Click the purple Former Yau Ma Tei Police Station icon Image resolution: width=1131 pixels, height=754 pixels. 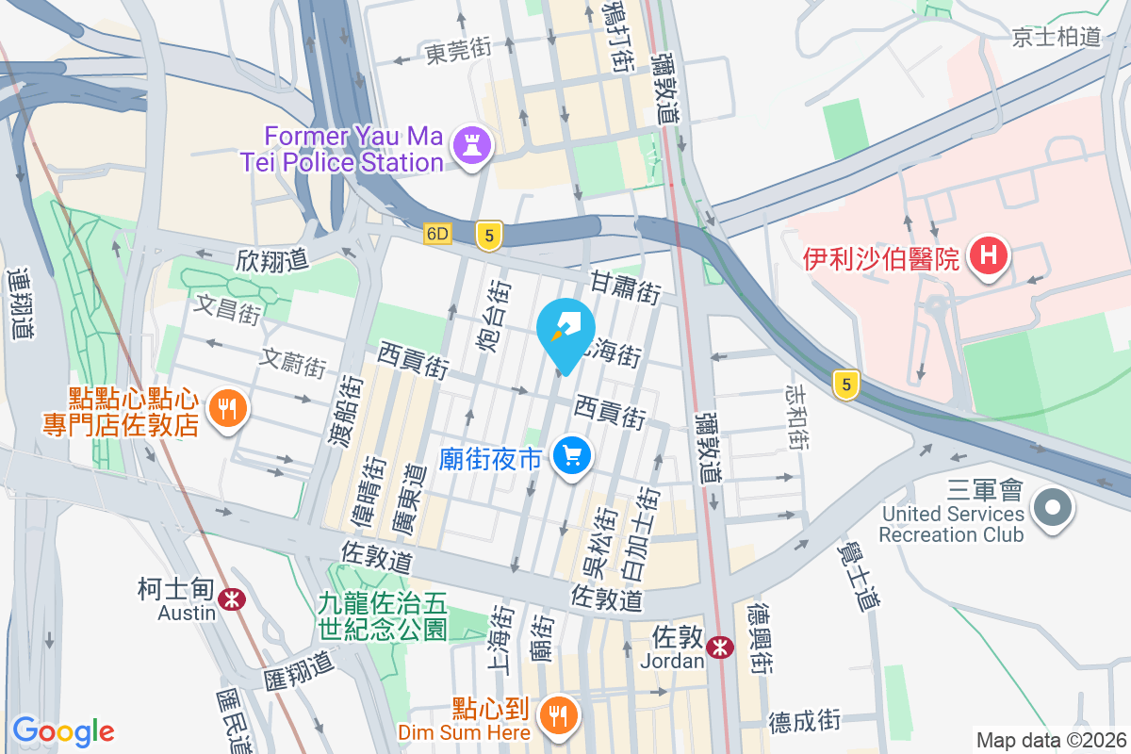(x=468, y=145)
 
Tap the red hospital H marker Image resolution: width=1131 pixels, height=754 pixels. (x=988, y=255)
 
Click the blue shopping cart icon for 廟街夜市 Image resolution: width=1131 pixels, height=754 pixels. (x=571, y=458)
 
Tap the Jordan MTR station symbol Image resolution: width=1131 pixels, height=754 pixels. (x=720, y=647)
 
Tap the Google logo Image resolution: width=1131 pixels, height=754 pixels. (x=63, y=730)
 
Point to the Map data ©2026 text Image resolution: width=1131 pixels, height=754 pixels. (x=1050, y=740)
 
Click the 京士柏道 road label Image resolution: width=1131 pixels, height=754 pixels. (x=1056, y=37)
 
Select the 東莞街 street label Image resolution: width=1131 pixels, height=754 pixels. (x=458, y=52)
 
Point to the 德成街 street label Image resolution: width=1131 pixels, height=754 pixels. (x=803, y=721)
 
